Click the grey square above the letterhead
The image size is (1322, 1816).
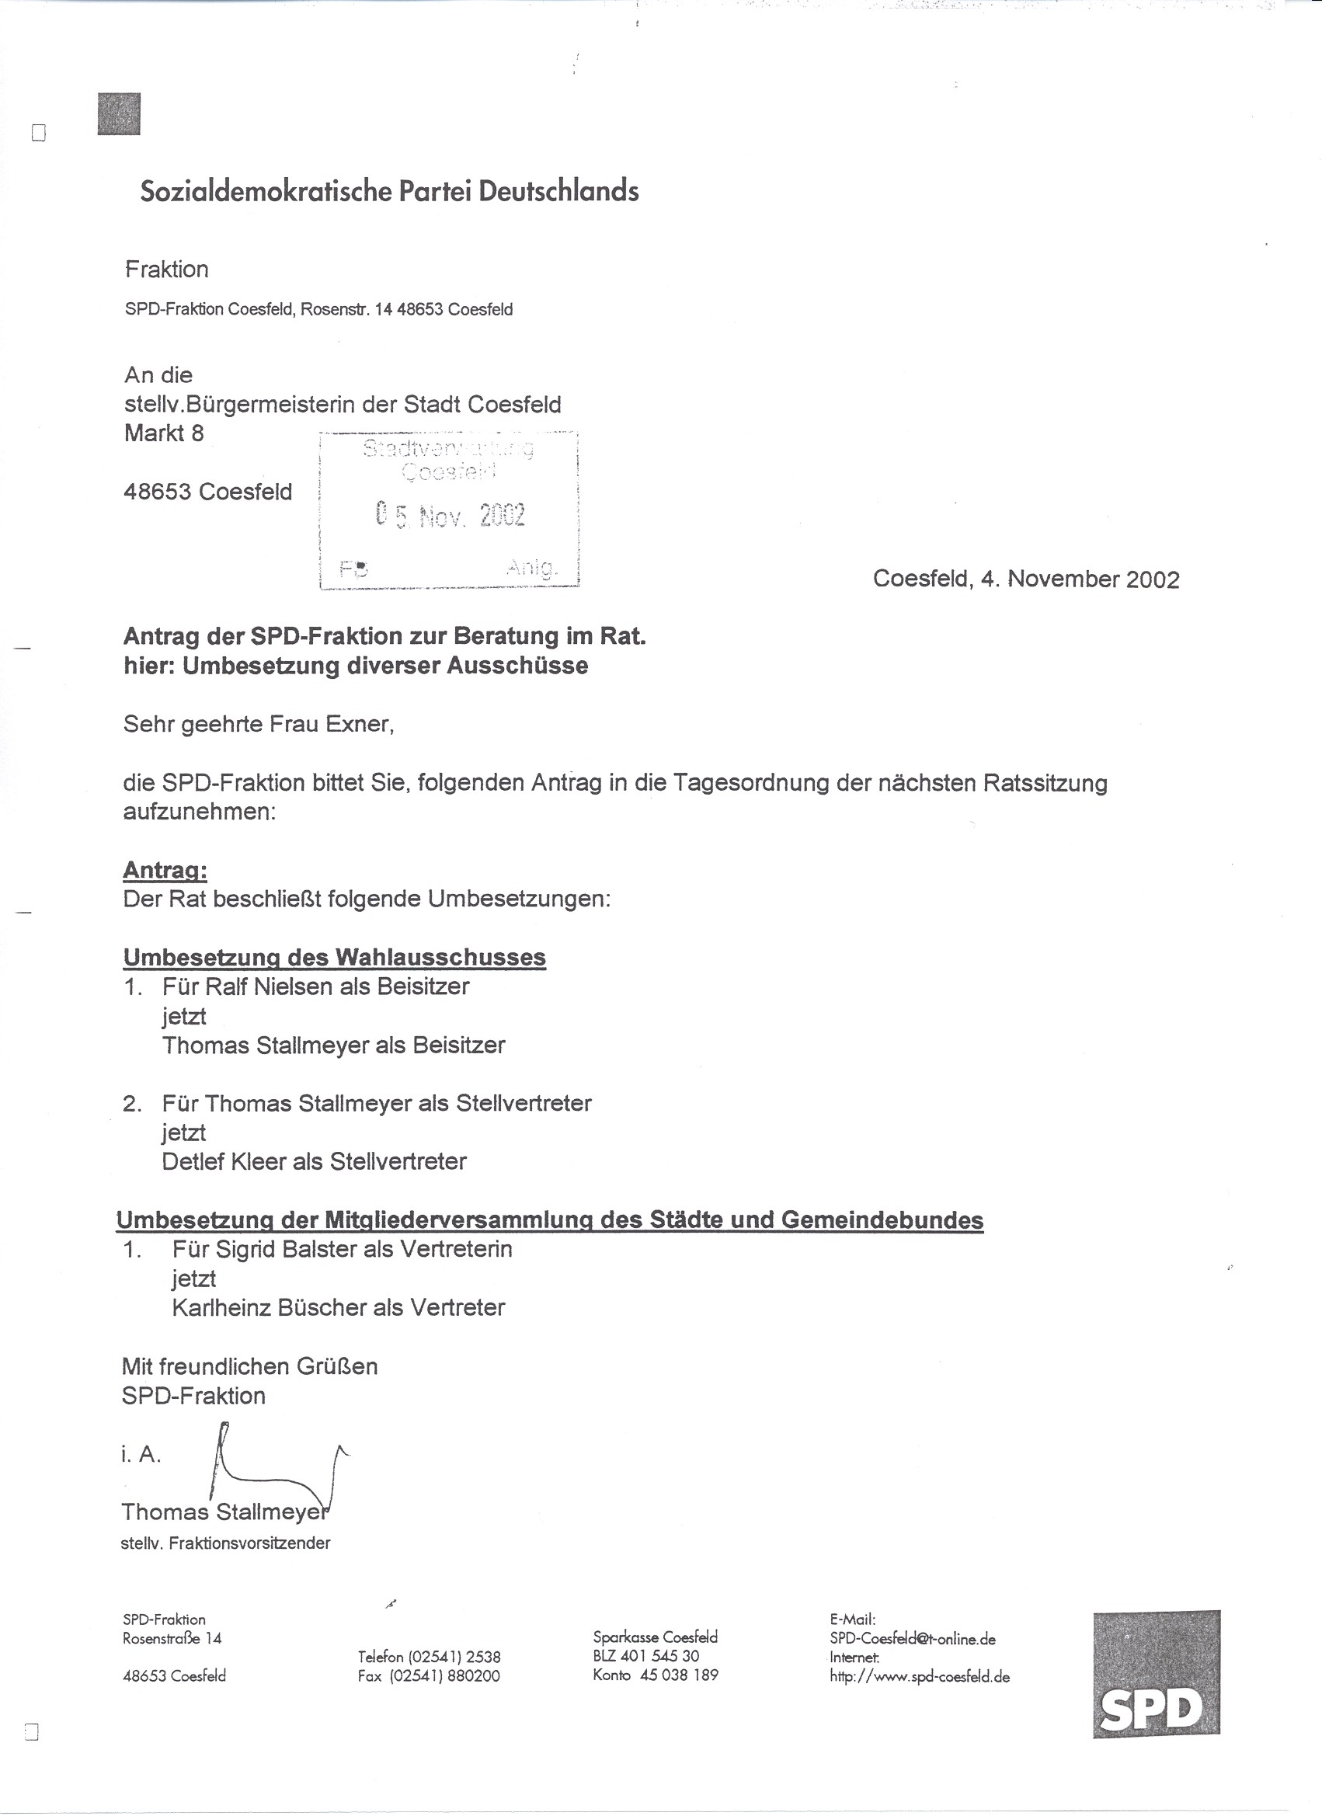[x=119, y=113]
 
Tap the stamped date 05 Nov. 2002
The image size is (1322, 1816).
[x=450, y=515]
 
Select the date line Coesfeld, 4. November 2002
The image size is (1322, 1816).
[x=1026, y=579]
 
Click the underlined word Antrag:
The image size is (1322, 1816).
[x=165, y=871]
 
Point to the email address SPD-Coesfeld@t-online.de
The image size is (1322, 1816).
[x=913, y=1639]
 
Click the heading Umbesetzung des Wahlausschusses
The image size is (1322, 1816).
[x=334, y=957]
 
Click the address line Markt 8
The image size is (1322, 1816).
[x=164, y=433]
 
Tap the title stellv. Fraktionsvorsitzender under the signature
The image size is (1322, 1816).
[x=225, y=1543]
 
